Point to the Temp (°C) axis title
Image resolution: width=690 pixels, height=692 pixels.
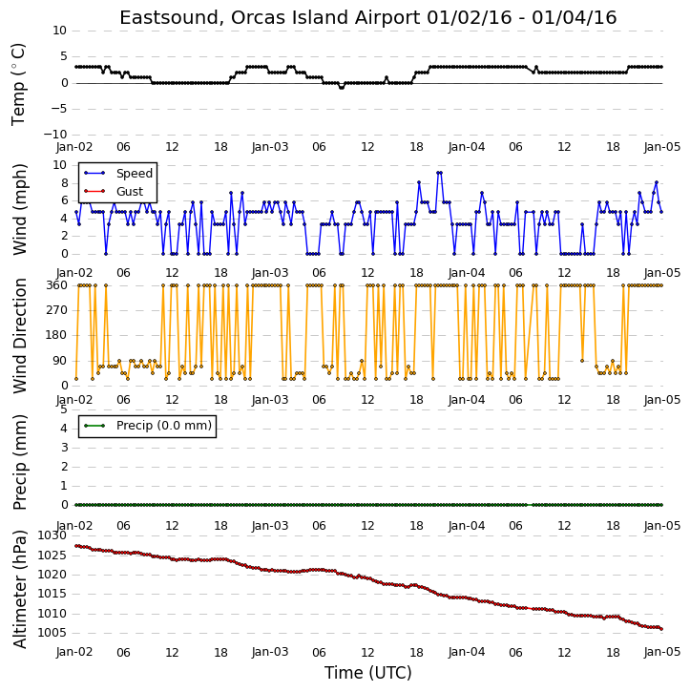[x=18, y=84]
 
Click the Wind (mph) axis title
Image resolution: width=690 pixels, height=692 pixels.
[x=19, y=209]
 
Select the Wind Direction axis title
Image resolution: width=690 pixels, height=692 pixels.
[x=19, y=336]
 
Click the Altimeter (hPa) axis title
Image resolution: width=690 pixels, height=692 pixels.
[x=19, y=589]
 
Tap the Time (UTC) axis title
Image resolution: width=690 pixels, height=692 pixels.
[x=368, y=673]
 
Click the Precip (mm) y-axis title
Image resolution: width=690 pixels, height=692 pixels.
[x=19, y=462]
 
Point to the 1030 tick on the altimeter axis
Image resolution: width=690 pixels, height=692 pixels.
[x=52, y=535]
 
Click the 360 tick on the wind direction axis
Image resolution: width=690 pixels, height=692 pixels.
[x=57, y=285]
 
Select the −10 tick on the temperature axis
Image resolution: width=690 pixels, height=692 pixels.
[x=54, y=135]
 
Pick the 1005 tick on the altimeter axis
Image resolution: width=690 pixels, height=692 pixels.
[x=52, y=633]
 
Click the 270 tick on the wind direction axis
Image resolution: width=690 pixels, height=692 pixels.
[x=57, y=311]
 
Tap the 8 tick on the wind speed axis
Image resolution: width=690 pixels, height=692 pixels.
[x=64, y=183]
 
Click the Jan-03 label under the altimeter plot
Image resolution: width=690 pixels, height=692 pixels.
[x=270, y=652]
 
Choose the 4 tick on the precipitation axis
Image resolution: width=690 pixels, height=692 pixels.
[x=64, y=429]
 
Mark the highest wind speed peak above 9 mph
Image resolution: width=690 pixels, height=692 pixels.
[x=439, y=173]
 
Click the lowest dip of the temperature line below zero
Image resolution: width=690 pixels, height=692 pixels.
[x=341, y=88]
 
